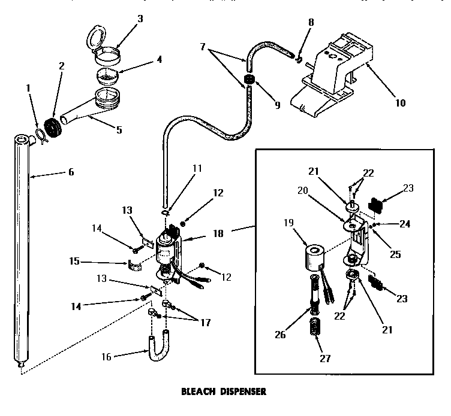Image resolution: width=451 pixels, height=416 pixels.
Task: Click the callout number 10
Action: [x=400, y=102]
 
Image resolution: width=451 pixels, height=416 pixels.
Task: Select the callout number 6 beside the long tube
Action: [x=71, y=172]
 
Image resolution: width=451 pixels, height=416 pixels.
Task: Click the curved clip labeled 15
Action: [x=137, y=264]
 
